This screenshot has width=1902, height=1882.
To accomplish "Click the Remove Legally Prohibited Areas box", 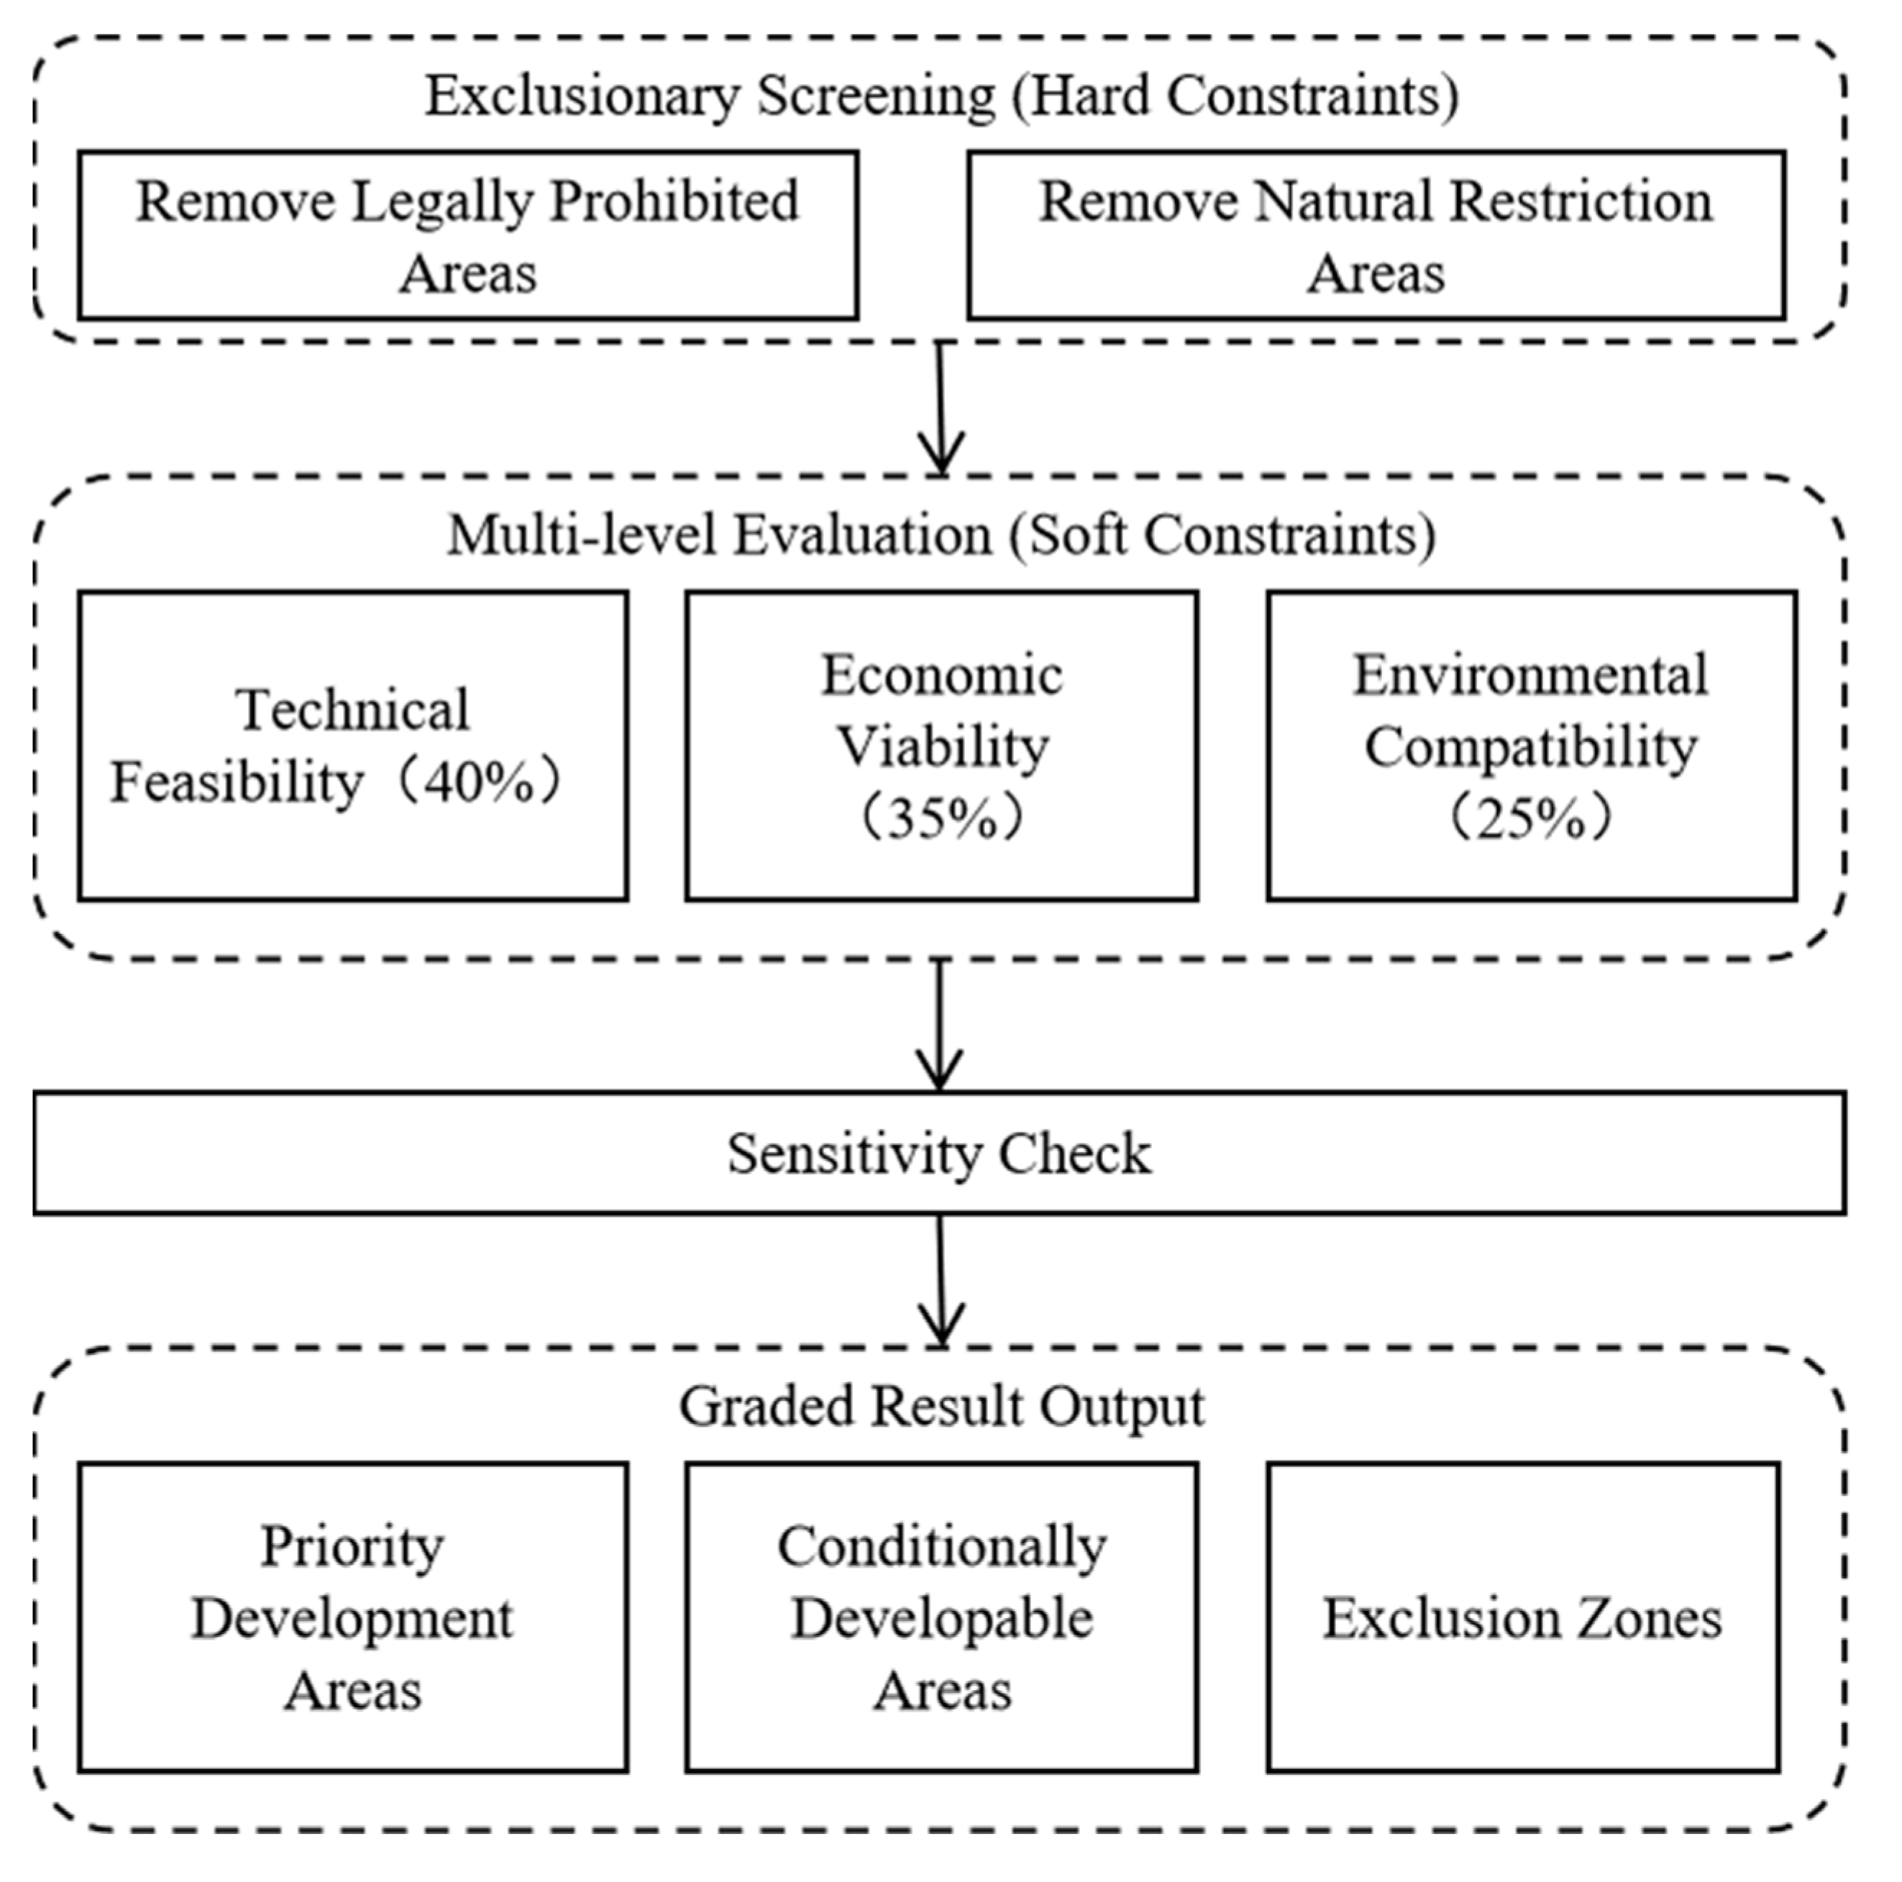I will click(x=467, y=235).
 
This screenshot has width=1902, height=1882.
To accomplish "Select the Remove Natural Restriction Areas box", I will click(x=1376, y=235).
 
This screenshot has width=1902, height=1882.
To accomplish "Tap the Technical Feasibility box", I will click(x=352, y=745).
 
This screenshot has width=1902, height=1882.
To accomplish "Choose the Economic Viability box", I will click(x=941, y=745).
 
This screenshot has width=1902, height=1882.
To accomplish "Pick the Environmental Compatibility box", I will click(x=1531, y=745).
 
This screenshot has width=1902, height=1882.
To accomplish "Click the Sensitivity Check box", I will click(x=939, y=1153).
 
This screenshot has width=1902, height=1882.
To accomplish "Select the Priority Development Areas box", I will click(x=352, y=1617).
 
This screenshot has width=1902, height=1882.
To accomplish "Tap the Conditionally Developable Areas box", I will click(x=941, y=1617).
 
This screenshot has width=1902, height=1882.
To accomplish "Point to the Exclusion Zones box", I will click(x=1522, y=1617).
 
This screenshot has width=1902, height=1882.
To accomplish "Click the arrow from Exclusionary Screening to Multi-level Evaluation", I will click(x=941, y=408).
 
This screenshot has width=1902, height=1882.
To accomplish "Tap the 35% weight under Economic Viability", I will click(x=941, y=818).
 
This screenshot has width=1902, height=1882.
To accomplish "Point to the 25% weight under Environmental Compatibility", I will click(x=1531, y=818).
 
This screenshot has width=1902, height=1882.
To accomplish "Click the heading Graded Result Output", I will click(x=941, y=1406).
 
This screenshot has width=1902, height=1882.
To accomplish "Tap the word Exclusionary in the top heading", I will click(x=582, y=96).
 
